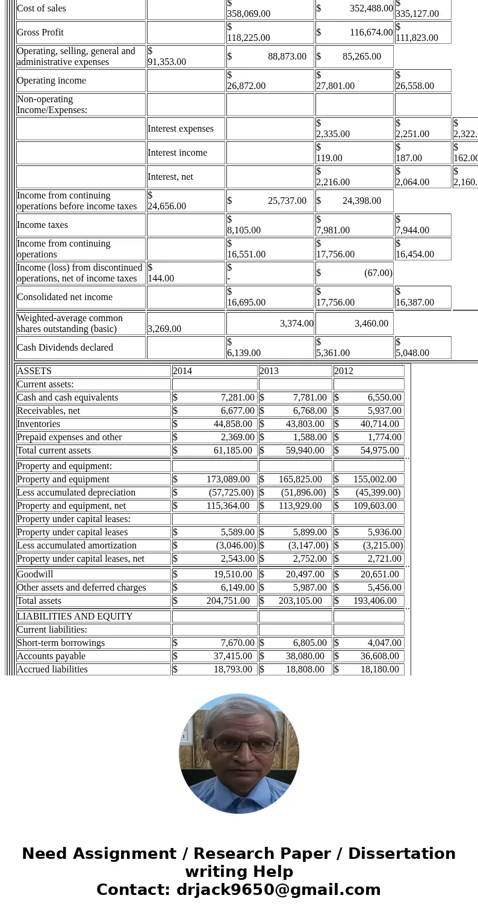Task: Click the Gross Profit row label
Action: pos(40,32)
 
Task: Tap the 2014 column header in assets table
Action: pos(182,371)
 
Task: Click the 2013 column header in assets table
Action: pos(269,371)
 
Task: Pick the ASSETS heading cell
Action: pos(34,371)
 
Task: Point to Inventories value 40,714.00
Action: pos(379,424)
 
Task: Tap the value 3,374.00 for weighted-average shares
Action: pos(296,324)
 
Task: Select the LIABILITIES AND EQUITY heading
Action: pos(75,616)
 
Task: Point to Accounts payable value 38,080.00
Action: pos(305,656)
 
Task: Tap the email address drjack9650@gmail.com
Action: pos(278,890)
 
